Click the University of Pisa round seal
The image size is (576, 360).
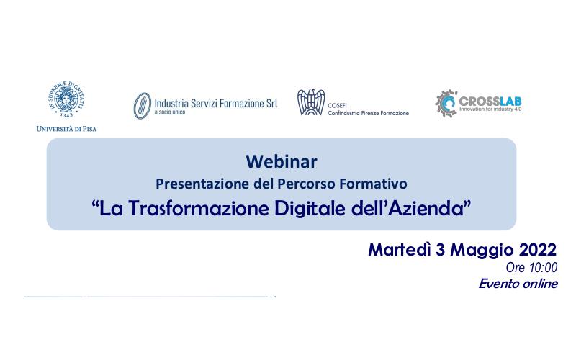(x=66, y=99)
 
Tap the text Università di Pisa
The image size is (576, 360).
(x=66, y=129)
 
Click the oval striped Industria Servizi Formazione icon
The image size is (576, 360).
(x=142, y=106)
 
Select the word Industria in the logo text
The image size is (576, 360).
(x=171, y=103)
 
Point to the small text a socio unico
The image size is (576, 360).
(x=170, y=112)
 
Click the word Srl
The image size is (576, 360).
(x=272, y=103)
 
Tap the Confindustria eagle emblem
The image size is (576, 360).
(x=311, y=102)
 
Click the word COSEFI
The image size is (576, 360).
(x=337, y=105)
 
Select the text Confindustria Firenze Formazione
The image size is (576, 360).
(x=368, y=113)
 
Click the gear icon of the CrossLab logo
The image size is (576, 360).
(x=446, y=104)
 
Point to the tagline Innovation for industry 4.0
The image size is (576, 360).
(x=490, y=109)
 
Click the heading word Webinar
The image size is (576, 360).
(x=282, y=161)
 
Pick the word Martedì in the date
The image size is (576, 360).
(x=400, y=250)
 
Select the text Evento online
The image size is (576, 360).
(x=518, y=284)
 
